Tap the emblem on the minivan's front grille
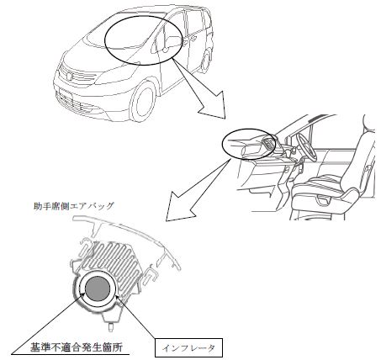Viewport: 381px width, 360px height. (69, 76)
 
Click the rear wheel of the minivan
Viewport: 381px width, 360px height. (207, 60)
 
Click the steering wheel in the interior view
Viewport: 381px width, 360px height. (306, 146)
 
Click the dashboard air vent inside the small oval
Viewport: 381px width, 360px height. (267, 143)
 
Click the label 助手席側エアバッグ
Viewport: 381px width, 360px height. (73, 206)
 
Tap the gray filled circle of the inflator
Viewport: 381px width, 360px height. (98, 288)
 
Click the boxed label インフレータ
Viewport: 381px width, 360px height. (188, 347)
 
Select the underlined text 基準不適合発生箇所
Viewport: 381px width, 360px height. (77, 347)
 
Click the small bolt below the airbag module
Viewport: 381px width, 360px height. (111, 326)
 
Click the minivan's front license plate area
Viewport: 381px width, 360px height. (66, 94)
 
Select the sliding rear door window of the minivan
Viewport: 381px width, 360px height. (194, 23)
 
